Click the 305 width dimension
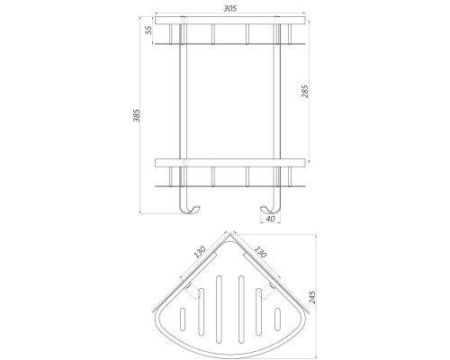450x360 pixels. coord(228,7)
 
